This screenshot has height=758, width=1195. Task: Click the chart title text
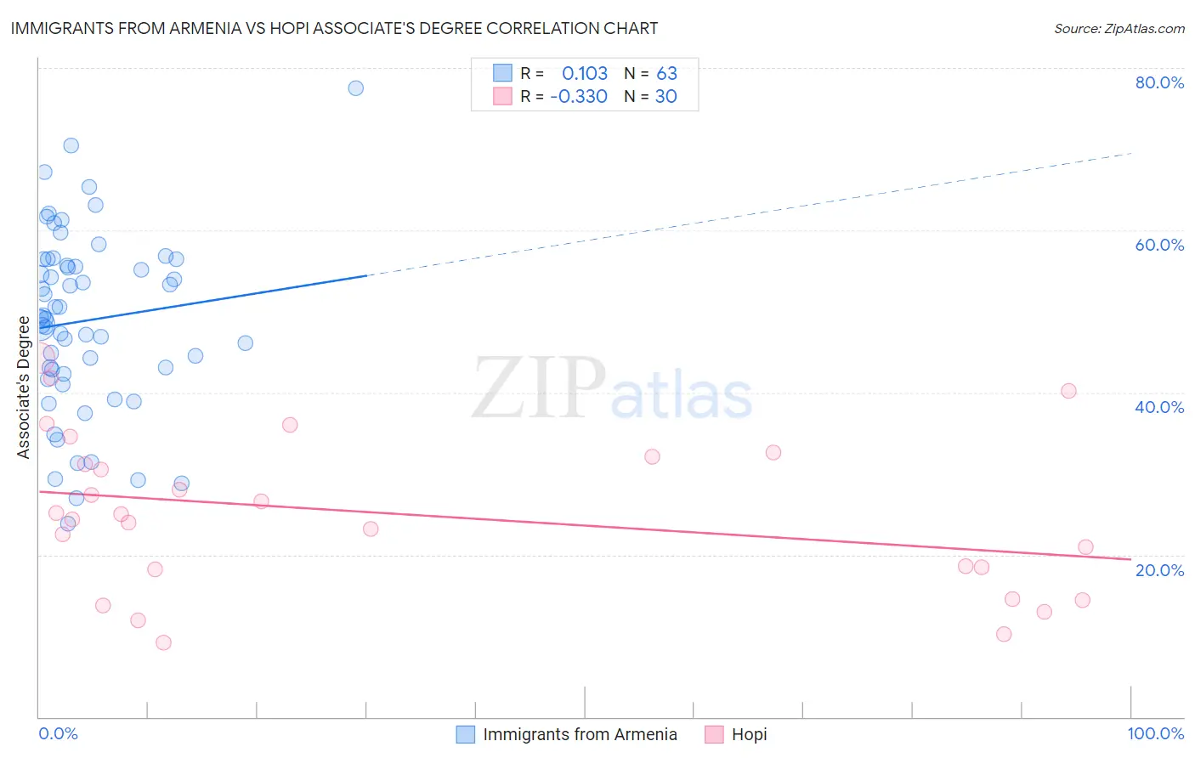(334, 28)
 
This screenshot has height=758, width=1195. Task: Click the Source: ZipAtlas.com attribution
(1119, 29)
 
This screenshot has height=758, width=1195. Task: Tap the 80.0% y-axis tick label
(1159, 82)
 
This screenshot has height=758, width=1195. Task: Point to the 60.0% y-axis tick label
(1159, 245)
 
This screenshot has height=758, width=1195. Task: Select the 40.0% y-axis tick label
(1159, 407)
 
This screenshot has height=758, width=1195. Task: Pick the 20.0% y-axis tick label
(1159, 570)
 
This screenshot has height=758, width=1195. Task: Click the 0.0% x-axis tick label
(58, 733)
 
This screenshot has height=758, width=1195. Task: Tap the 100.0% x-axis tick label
(1155, 733)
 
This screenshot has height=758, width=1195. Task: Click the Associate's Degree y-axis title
(24, 387)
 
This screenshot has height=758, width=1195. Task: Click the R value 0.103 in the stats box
(585, 74)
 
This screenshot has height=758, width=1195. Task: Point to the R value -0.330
(579, 97)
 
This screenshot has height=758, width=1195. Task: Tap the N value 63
(666, 74)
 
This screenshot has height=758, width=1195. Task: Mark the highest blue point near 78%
(356, 88)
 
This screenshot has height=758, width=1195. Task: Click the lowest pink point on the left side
(163, 642)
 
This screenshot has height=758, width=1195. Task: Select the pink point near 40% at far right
(1068, 391)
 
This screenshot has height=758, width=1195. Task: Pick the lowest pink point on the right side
(1004, 634)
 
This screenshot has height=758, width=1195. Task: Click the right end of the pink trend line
(1130, 559)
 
